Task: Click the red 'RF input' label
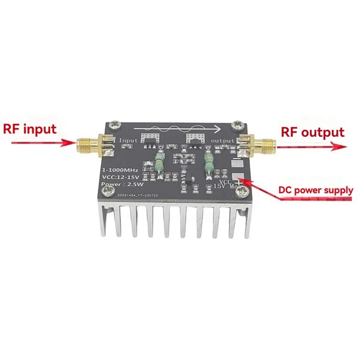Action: pos(30,130)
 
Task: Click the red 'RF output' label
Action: pos(313,132)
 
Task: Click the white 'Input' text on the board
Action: pos(128,141)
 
